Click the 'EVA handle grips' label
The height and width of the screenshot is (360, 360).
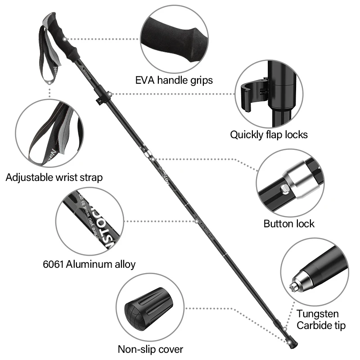(174, 80)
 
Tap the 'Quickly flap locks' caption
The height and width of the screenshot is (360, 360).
(269, 134)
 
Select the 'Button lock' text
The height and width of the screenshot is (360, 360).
(288, 224)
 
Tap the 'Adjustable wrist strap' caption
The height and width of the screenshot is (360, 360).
(54, 177)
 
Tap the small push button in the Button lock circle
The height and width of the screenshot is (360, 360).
(285, 189)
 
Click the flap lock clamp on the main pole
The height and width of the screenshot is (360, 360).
(102, 94)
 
